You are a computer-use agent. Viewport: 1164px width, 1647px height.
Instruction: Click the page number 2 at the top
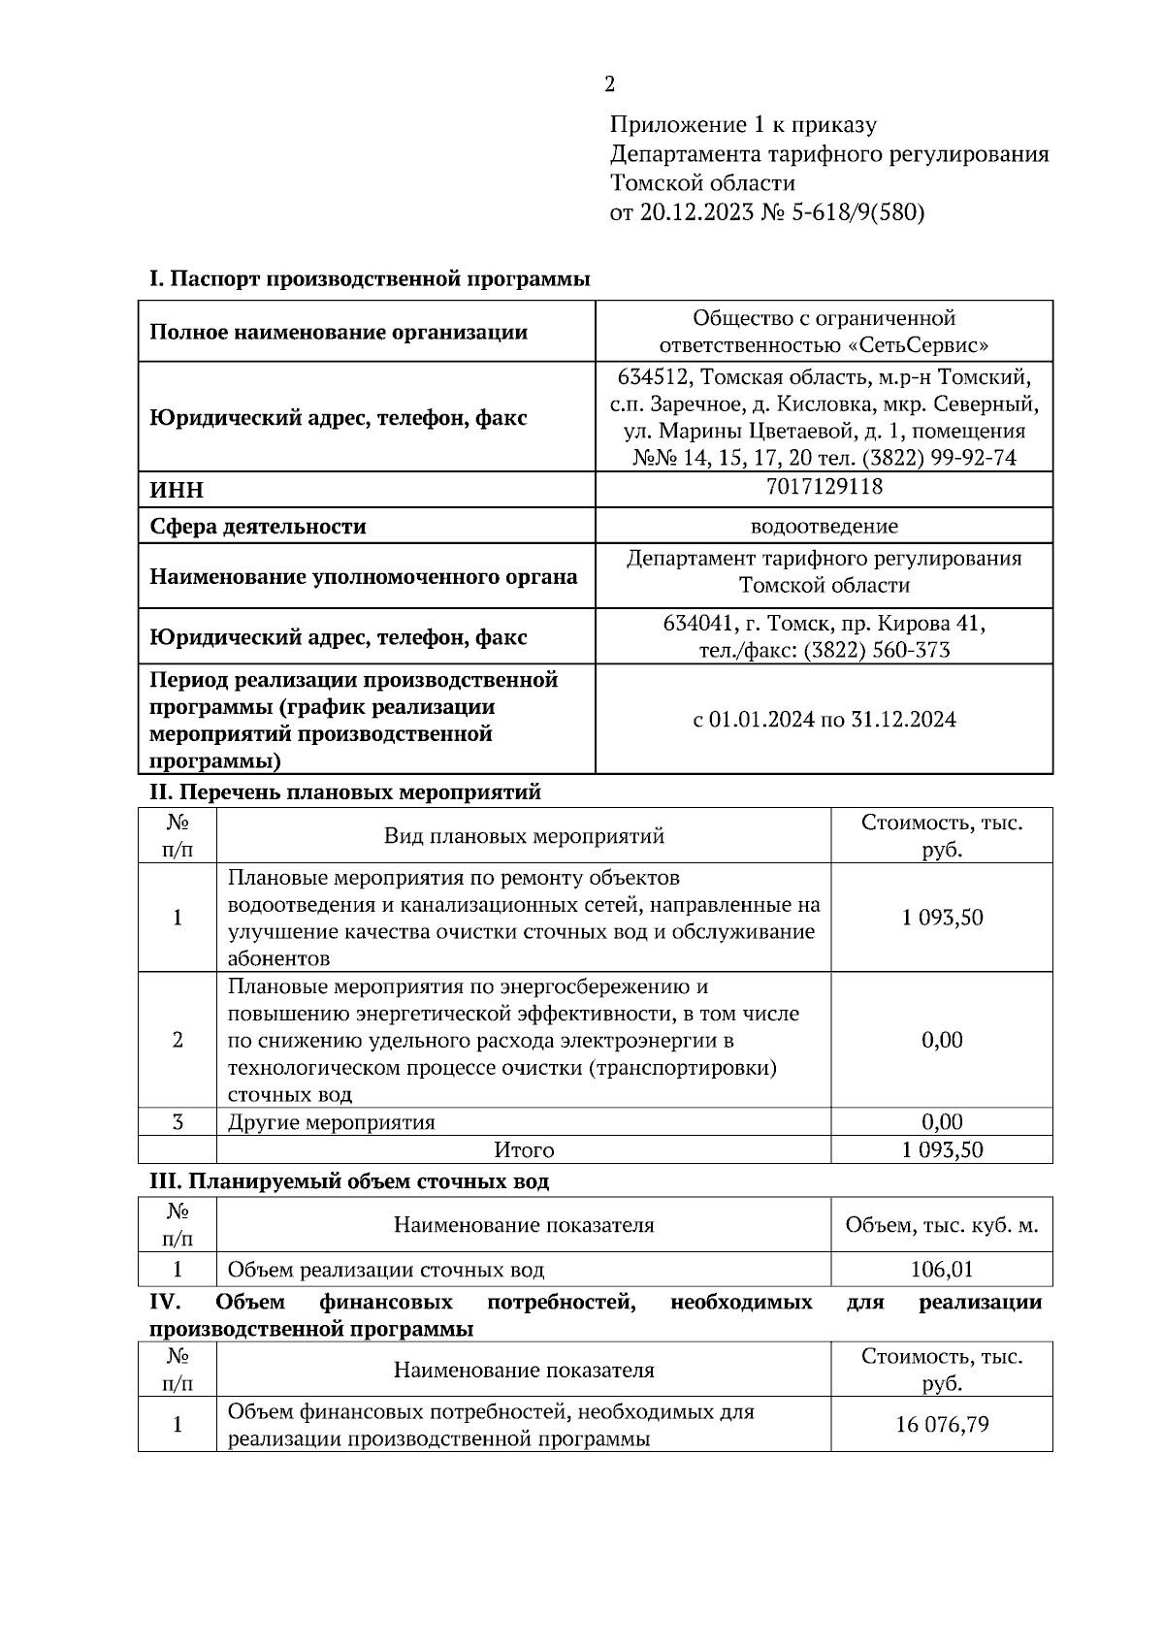point(609,84)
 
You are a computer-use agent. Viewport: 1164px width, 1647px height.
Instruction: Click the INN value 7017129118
point(824,487)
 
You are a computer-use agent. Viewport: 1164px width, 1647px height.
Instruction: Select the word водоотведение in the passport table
point(824,527)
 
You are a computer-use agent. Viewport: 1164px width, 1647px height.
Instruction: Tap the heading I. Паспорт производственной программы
point(369,279)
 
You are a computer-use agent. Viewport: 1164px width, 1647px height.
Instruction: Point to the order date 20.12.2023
point(695,212)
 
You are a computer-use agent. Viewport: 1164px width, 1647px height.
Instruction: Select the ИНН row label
point(177,490)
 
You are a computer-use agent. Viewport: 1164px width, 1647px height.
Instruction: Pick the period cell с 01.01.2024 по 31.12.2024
point(824,720)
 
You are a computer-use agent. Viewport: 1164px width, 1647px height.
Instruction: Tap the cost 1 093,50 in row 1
point(941,918)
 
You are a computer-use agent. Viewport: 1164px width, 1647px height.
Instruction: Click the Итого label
point(524,1150)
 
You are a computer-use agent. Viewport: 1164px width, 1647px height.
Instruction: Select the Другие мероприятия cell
point(331,1123)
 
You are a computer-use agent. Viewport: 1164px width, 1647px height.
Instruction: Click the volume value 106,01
point(941,1270)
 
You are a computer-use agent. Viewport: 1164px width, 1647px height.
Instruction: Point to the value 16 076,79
point(941,1425)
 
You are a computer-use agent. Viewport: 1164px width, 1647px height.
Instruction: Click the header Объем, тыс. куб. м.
point(941,1225)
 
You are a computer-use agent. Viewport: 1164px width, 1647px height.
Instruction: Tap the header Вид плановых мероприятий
point(524,836)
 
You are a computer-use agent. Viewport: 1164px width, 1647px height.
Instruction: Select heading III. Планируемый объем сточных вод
point(348,1181)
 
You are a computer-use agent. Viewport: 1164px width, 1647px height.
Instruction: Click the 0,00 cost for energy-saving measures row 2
point(941,1040)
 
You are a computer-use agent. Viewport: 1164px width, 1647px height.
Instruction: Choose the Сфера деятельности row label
point(257,527)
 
